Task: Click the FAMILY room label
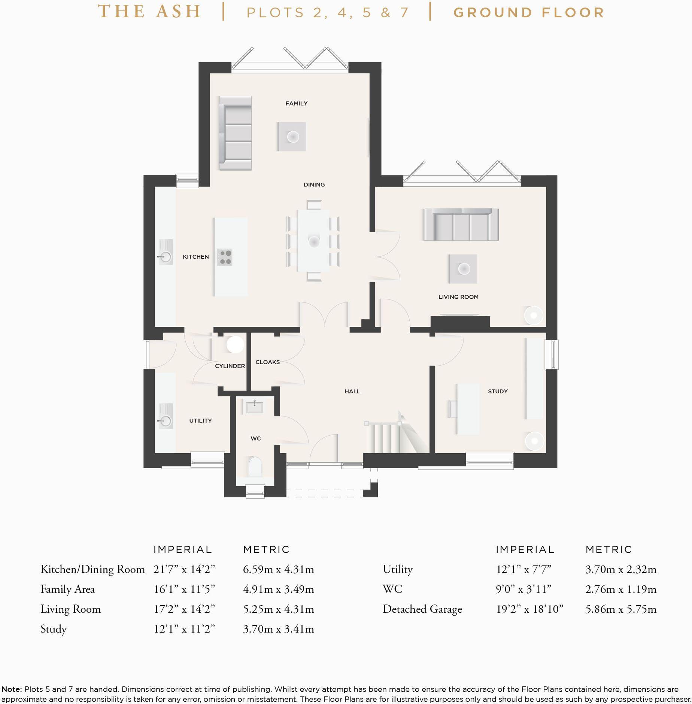(296, 103)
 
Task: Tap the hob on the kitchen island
(225, 257)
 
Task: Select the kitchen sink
(165, 252)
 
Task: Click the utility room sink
(165, 416)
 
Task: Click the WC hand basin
(254, 406)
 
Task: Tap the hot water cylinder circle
(235, 344)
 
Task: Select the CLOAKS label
(267, 362)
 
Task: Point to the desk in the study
(468, 409)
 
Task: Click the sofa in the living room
(461, 224)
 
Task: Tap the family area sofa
(235, 133)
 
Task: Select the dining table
(313, 241)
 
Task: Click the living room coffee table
(463, 269)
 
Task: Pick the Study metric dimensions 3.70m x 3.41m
(278, 629)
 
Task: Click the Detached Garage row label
(422, 609)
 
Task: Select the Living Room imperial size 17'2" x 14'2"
(184, 609)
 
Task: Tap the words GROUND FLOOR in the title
(529, 13)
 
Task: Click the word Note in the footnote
(11, 689)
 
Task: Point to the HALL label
(352, 391)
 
